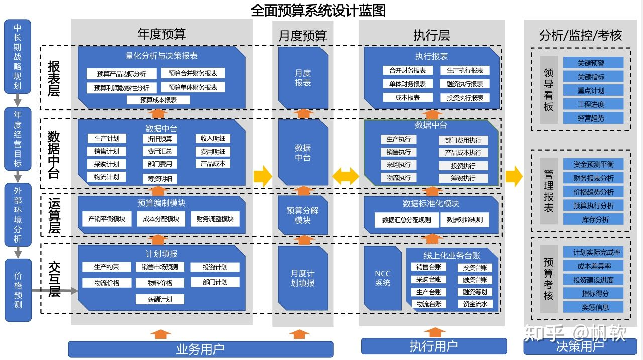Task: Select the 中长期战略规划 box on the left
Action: click(18, 56)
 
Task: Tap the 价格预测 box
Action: click(18, 290)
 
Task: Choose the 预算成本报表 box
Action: click(158, 100)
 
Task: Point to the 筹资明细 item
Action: click(160, 178)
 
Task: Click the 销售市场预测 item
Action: click(160, 267)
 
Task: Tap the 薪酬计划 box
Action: click(160, 299)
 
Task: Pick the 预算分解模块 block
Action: click(302, 215)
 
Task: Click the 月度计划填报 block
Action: click(302, 278)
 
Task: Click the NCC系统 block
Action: click(382, 278)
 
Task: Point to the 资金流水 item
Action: click(475, 304)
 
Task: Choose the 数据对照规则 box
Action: click(464, 220)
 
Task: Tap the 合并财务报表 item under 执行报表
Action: click(407, 71)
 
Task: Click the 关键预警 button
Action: click(593, 63)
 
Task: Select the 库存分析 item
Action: click(593, 219)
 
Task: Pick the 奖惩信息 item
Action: click(593, 307)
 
